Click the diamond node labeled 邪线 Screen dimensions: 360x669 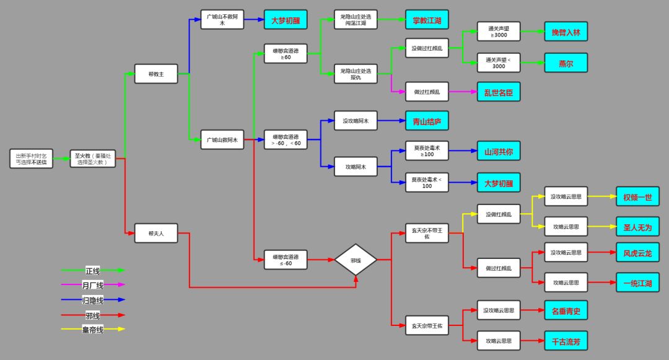[356, 260]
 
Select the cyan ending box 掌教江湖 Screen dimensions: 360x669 [427, 20]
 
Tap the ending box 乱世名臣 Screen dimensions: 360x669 [498, 92]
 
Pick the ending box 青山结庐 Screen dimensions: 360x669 [427, 121]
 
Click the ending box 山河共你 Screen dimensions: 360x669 [498, 151]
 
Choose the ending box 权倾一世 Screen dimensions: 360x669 [637, 197]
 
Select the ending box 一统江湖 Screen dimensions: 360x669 [637, 283]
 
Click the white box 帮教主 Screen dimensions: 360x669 [156, 74]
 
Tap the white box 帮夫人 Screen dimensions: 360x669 [156, 233]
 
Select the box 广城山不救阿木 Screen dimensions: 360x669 [222, 20]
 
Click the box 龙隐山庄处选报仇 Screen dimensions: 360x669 [356, 74]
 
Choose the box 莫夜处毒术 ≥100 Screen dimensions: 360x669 [427, 151]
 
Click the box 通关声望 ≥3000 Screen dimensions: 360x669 [498, 32]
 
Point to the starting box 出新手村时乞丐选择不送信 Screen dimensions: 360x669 [31, 159]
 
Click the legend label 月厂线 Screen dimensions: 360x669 [93, 285]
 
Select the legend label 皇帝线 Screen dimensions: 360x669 [93, 329]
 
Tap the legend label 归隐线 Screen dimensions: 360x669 [93, 300]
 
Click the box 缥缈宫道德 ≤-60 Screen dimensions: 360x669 [286, 260]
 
